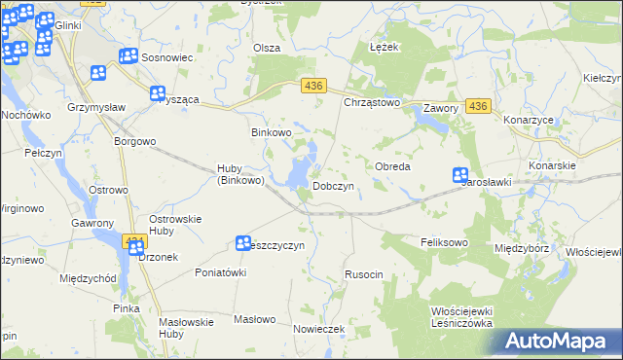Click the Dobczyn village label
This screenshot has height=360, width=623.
coord(338,186)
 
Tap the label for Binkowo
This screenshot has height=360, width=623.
coord(272,132)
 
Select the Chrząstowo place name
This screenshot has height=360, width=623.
coord(372,101)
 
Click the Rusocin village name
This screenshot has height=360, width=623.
coord(364,275)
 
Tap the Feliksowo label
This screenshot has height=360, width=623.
coord(445,241)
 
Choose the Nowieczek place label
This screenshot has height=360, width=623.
coord(319,329)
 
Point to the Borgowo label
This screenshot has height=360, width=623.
coord(135,141)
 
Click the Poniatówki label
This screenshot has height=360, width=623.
coord(220,272)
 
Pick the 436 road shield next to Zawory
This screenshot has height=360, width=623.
coord(477,105)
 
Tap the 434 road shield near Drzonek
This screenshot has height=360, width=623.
coord(134,239)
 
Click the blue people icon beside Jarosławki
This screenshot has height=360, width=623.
coord(460,176)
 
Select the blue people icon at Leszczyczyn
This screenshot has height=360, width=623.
coord(243,241)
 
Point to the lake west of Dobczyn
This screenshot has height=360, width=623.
coord(298,173)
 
